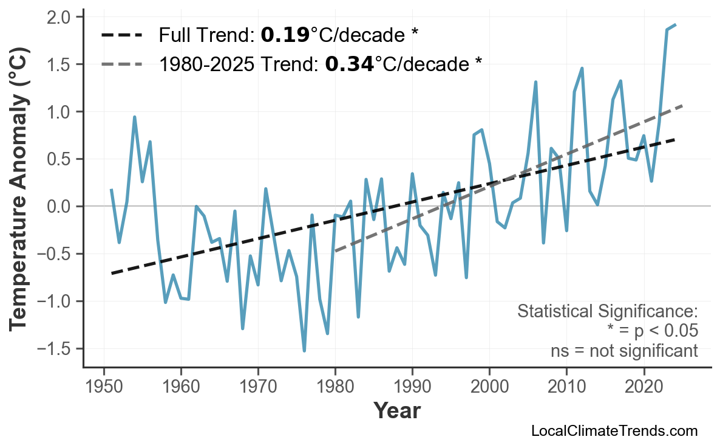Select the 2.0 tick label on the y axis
point(61,17)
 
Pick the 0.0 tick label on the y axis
point(61,207)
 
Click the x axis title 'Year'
point(396,411)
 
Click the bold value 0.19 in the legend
point(285,36)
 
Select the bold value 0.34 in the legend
point(349,64)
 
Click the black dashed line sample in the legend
point(121,36)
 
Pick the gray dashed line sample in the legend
point(121,64)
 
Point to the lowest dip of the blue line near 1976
point(304,351)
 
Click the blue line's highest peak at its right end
point(675,25)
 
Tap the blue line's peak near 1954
point(134,117)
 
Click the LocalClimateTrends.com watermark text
point(614,431)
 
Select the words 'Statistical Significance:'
point(607,312)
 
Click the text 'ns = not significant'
point(623,351)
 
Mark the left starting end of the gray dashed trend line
point(335,251)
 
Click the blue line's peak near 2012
point(582,68)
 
